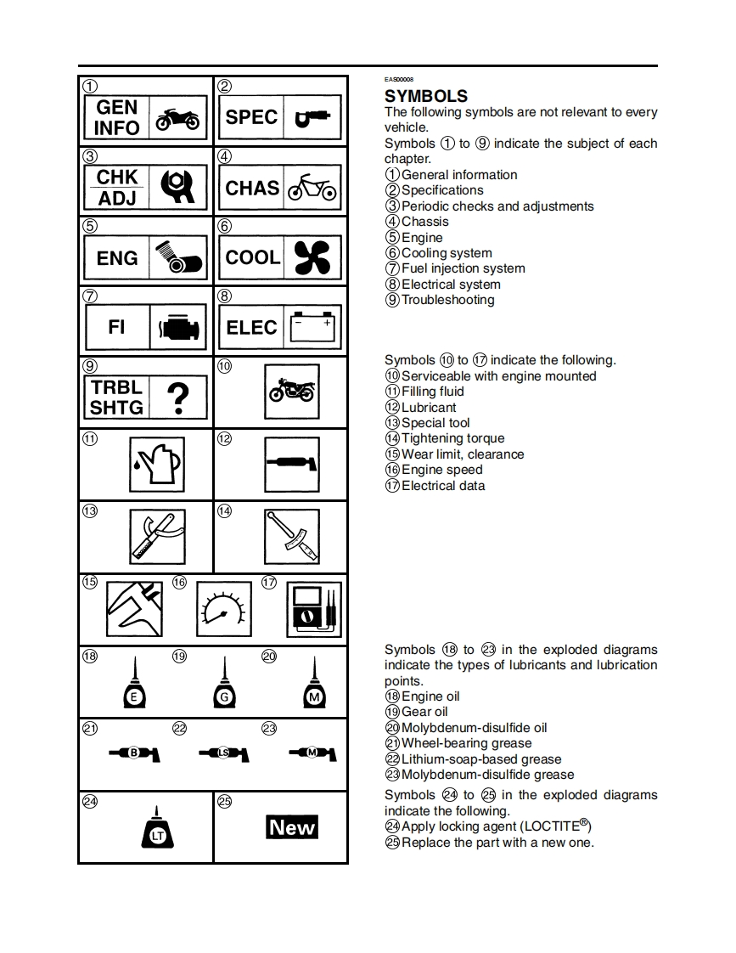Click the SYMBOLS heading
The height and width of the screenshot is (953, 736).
(426, 96)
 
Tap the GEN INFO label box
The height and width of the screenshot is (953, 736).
(116, 118)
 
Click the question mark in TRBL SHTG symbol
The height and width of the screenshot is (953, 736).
(177, 398)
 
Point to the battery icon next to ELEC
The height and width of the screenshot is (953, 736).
(314, 327)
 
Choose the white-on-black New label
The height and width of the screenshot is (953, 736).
(292, 827)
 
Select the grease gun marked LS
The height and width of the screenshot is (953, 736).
(223, 753)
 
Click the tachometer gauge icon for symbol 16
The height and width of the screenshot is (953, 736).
(224, 610)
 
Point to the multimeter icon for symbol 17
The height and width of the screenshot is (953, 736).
(314, 610)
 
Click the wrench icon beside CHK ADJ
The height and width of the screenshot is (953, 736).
(177, 188)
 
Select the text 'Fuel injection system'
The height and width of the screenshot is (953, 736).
(463, 268)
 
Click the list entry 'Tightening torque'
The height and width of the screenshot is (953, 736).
(452, 438)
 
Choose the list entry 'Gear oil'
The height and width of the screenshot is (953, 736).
(424, 712)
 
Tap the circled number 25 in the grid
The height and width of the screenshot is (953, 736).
(225, 802)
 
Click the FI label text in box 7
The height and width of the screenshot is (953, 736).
(117, 327)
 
